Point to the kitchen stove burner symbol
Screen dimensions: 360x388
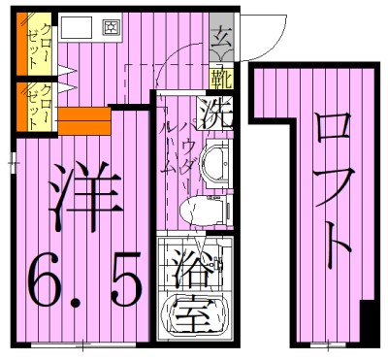111,26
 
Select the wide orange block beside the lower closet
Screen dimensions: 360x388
86,123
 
